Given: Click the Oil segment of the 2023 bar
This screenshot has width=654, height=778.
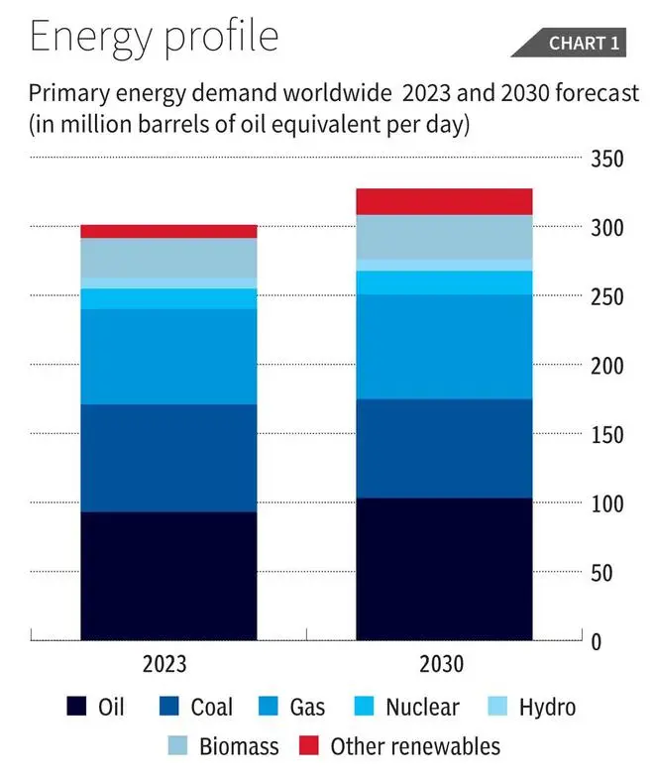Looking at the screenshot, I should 168,575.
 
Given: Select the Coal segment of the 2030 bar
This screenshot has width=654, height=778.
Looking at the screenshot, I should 444,448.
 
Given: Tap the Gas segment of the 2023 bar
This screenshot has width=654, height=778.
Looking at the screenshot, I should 168,357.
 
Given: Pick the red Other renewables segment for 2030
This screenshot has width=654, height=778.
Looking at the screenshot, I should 444,201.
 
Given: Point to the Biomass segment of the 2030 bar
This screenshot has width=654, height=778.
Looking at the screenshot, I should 444,237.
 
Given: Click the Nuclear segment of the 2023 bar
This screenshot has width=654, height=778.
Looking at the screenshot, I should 168,298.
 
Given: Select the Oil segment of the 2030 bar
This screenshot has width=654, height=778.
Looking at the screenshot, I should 444,568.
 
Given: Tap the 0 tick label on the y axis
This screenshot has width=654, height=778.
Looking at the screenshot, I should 623,642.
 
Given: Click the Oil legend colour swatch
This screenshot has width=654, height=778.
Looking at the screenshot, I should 75,707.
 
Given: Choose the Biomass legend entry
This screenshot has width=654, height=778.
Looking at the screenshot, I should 224,746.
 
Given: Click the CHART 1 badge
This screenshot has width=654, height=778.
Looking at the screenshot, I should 584,43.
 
